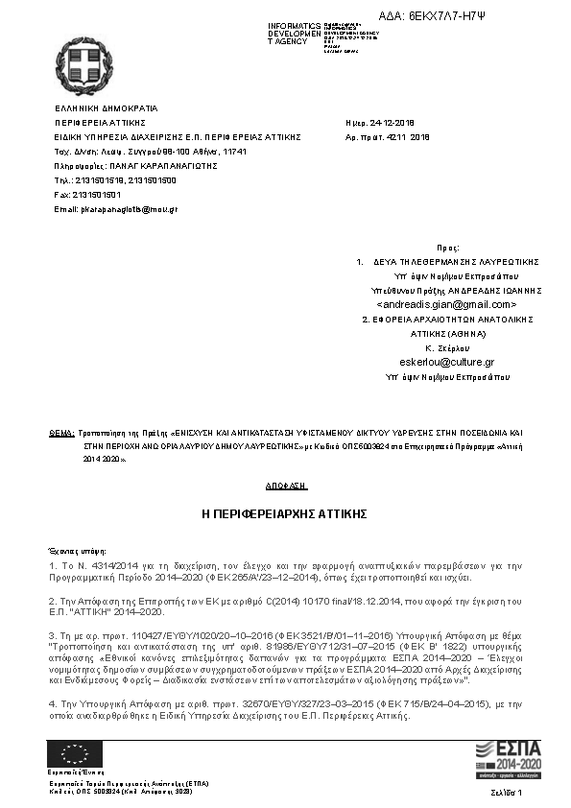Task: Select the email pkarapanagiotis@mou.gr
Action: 116,208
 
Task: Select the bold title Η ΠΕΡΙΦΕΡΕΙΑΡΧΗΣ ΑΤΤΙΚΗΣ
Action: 284,514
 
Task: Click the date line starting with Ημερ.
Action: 379,123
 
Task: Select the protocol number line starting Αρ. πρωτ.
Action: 387,137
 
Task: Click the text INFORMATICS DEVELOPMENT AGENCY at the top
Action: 296,34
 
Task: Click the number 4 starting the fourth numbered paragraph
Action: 51,703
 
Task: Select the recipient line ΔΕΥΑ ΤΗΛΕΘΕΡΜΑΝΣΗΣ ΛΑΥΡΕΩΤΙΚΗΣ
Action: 455,261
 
